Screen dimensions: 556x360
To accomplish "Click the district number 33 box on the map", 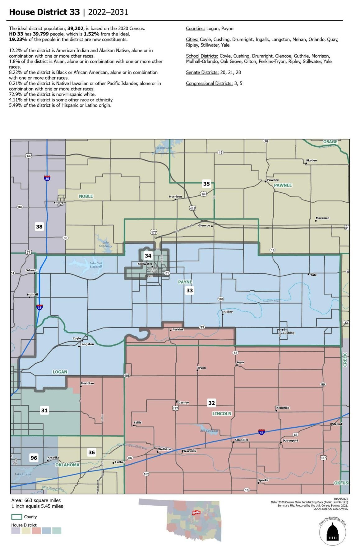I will pyautogui.click(x=189, y=290).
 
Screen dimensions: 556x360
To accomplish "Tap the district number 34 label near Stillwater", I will pyautogui.click(x=148, y=255).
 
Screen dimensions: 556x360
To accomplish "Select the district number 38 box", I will pyautogui.click(x=39, y=227).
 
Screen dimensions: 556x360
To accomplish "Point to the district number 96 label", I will pyautogui.click(x=34, y=457).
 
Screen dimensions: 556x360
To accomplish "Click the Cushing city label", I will pyautogui.click(x=288, y=333).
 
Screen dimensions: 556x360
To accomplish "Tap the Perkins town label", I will pyautogui.click(x=178, y=329).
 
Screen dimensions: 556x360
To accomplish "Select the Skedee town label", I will pyautogui.click(x=311, y=160).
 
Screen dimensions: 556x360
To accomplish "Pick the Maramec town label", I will pyautogui.click(x=322, y=218).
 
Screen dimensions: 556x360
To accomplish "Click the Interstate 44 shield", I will pyautogui.click(x=261, y=432).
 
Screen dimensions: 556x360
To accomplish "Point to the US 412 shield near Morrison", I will pyautogui.click(x=192, y=208).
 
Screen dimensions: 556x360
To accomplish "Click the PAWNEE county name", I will pyautogui.click(x=283, y=185).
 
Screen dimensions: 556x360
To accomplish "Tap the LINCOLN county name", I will pyautogui.click(x=222, y=414).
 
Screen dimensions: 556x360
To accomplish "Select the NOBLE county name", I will pyautogui.click(x=86, y=196).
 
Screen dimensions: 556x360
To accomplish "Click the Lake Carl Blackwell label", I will pyautogui.click(x=96, y=265).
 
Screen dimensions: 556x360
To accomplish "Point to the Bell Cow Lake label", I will pyautogui.click(x=209, y=431).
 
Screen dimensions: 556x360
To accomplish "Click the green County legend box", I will pyautogui.click(x=17, y=517).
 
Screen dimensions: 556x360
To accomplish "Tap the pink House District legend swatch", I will pyautogui.click(x=36, y=531).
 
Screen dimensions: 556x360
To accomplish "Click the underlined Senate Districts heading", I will pyautogui.click(x=202, y=72).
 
